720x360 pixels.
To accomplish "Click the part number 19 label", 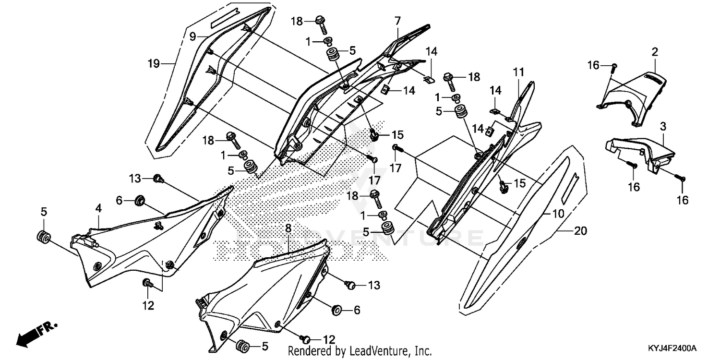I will (154, 63).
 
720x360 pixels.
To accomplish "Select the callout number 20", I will (580, 231).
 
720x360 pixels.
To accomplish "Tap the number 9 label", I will (192, 36).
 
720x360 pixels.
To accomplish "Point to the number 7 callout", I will (397, 21).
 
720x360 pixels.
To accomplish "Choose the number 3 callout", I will (663, 127).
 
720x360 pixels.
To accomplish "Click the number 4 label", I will (98, 208).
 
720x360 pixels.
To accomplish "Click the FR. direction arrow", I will (36, 333).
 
